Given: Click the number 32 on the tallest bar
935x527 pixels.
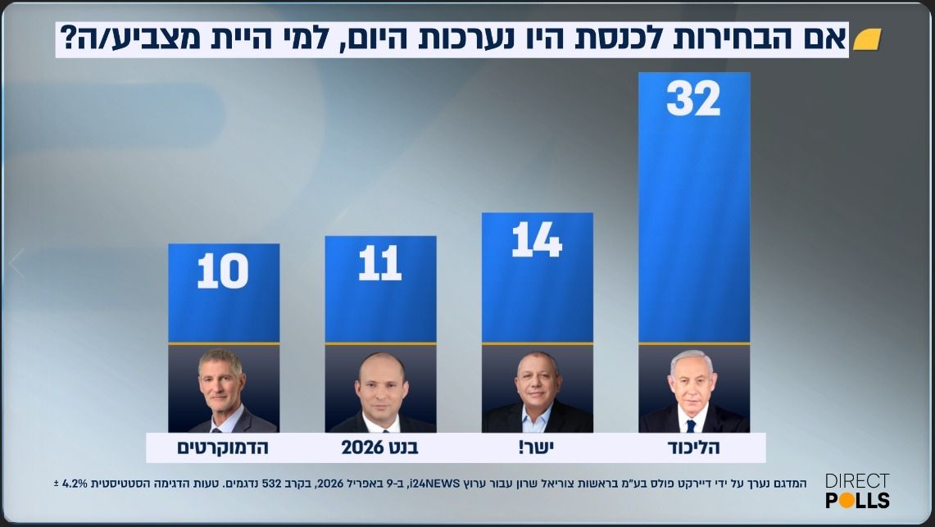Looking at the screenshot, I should click(693, 99).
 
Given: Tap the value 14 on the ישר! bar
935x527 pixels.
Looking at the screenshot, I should click(537, 240).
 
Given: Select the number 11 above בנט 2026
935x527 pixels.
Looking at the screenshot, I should click(380, 263).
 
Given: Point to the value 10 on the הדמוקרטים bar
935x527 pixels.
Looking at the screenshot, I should click(223, 270).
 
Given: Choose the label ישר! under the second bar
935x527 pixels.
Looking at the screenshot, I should click(537, 447).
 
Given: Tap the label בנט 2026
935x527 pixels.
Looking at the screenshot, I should click(380, 447).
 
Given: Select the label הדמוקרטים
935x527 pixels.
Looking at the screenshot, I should click(223, 447).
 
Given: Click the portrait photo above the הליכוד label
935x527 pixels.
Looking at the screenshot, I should click(693, 389).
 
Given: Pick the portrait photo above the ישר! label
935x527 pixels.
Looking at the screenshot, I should click(537, 389).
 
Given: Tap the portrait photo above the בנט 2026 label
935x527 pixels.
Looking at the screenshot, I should click(380, 389).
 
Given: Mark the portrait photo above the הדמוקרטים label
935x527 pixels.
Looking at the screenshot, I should click(223, 389).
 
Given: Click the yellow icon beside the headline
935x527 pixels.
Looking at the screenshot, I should click(866, 40).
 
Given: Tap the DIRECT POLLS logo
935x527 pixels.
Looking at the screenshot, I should click(857, 491).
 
